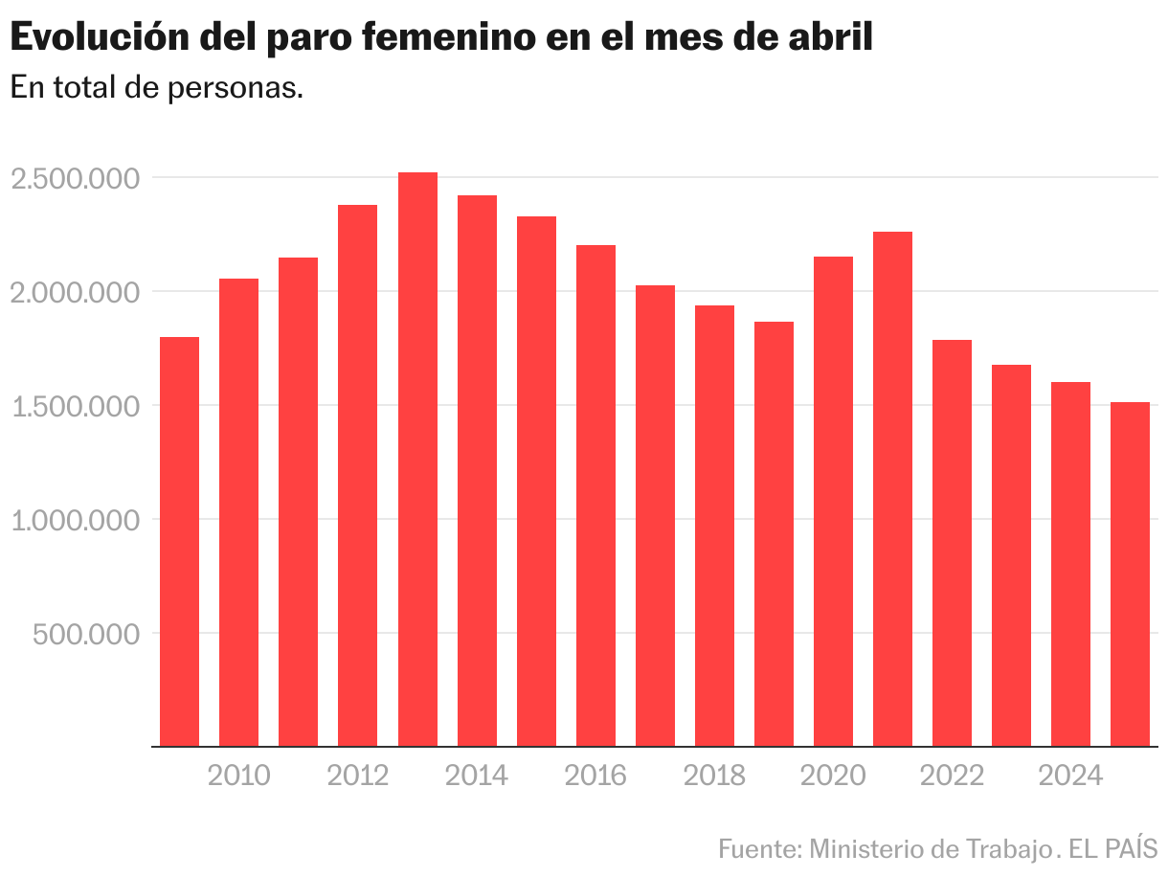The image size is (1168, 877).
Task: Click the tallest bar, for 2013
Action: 417,460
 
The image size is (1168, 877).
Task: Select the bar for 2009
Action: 179,541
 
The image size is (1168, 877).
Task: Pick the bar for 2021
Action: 892,488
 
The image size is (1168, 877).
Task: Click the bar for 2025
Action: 1131,573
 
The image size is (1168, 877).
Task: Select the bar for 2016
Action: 595,495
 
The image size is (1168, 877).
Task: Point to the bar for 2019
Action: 774,533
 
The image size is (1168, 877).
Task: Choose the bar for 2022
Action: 952,543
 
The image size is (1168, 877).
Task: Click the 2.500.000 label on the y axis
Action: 75,178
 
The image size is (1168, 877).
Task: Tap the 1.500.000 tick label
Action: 75,406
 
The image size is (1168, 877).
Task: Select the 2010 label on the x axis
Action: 239,775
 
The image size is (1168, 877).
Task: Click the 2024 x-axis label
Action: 1071,775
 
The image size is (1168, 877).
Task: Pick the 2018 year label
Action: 714,775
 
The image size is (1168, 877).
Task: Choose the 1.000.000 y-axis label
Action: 75,520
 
